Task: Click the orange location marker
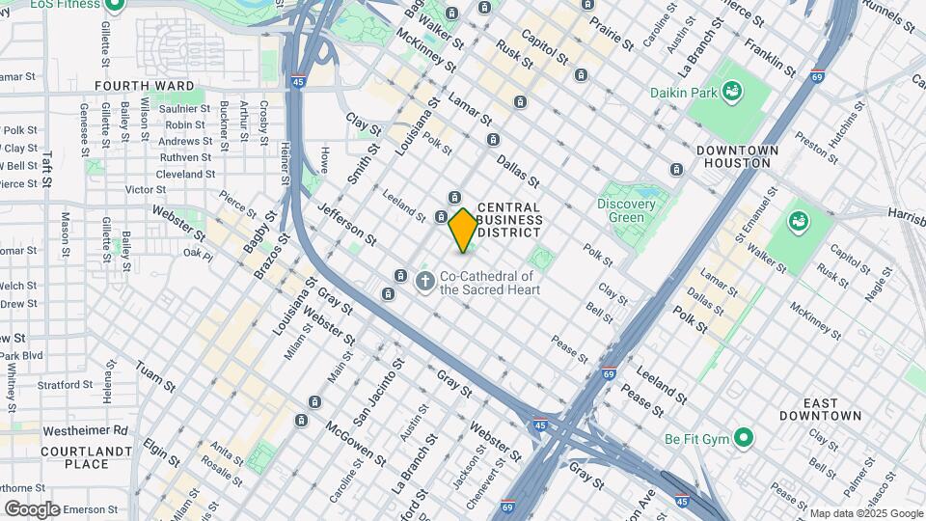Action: pyautogui.click(x=463, y=230)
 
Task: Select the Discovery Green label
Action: pyautogui.click(x=626, y=210)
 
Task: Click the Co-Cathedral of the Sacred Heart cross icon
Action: pyautogui.click(x=424, y=282)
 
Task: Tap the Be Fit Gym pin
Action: pyautogui.click(x=742, y=439)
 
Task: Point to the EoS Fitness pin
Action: pyautogui.click(x=115, y=5)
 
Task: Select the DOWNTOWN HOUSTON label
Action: pyautogui.click(x=737, y=157)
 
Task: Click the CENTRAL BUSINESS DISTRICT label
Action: pyautogui.click(x=509, y=221)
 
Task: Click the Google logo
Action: pyautogui.click(x=32, y=508)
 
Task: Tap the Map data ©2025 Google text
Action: pyautogui.click(x=865, y=513)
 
